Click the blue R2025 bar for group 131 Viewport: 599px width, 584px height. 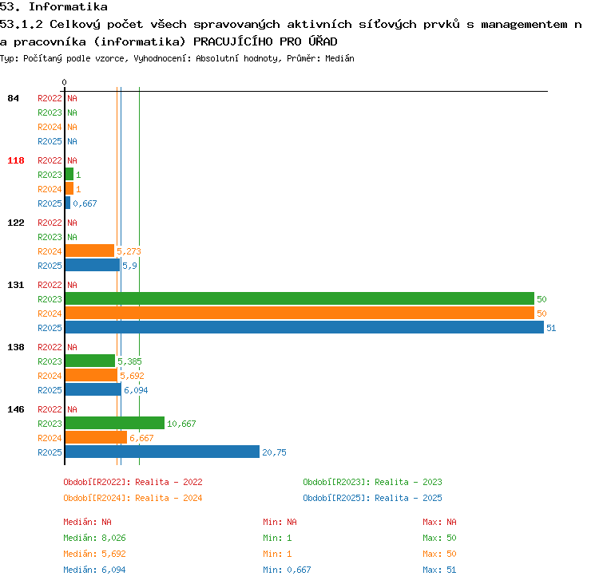click(304, 327)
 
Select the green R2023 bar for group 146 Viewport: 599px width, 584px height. click(114, 423)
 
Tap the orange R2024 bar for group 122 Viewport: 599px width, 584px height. click(89, 251)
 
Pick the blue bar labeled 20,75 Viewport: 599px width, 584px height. click(162, 452)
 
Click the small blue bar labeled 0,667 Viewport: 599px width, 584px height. click(68, 203)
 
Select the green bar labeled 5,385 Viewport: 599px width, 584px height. click(90, 361)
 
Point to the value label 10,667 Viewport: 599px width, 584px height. click(181, 424)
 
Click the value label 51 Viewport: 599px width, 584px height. click(551, 328)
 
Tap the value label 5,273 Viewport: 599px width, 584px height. click(129, 251)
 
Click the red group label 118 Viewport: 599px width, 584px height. click(16, 160)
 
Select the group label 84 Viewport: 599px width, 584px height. click(13, 98)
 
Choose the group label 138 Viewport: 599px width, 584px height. click(16, 347)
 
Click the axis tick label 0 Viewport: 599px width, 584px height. click(64, 82)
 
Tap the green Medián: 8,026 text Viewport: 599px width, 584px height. click(94, 538)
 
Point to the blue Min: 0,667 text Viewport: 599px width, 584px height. click(287, 570)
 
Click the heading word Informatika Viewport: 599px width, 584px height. click(69, 7)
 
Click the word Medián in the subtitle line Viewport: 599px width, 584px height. click(339, 58)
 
